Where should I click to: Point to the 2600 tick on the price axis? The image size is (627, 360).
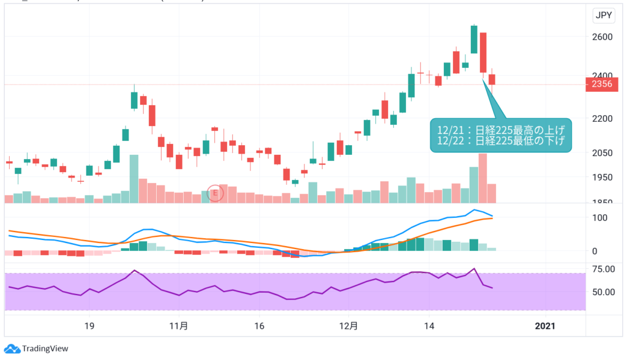click(x=605, y=37)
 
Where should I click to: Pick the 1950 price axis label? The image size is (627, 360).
click(x=605, y=178)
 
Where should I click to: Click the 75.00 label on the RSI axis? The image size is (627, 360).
click(x=605, y=269)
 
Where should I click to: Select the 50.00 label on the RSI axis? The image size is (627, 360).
click(x=605, y=291)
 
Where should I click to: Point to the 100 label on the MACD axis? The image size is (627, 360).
click(x=600, y=217)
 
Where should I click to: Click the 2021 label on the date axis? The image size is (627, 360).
click(x=545, y=326)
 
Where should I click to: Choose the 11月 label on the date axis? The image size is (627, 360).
click(x=178, y=326)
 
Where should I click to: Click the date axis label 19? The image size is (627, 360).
click(x=89, y=326)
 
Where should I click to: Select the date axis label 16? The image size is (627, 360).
click(x=259, y=326)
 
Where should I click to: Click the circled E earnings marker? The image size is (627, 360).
click(x=215, y=193)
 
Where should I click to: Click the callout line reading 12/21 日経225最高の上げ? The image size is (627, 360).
click(x=500, y=129)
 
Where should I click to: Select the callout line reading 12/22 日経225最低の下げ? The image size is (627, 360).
click(x=500, y=141)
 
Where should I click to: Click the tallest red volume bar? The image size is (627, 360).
click(x=482, y=178)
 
